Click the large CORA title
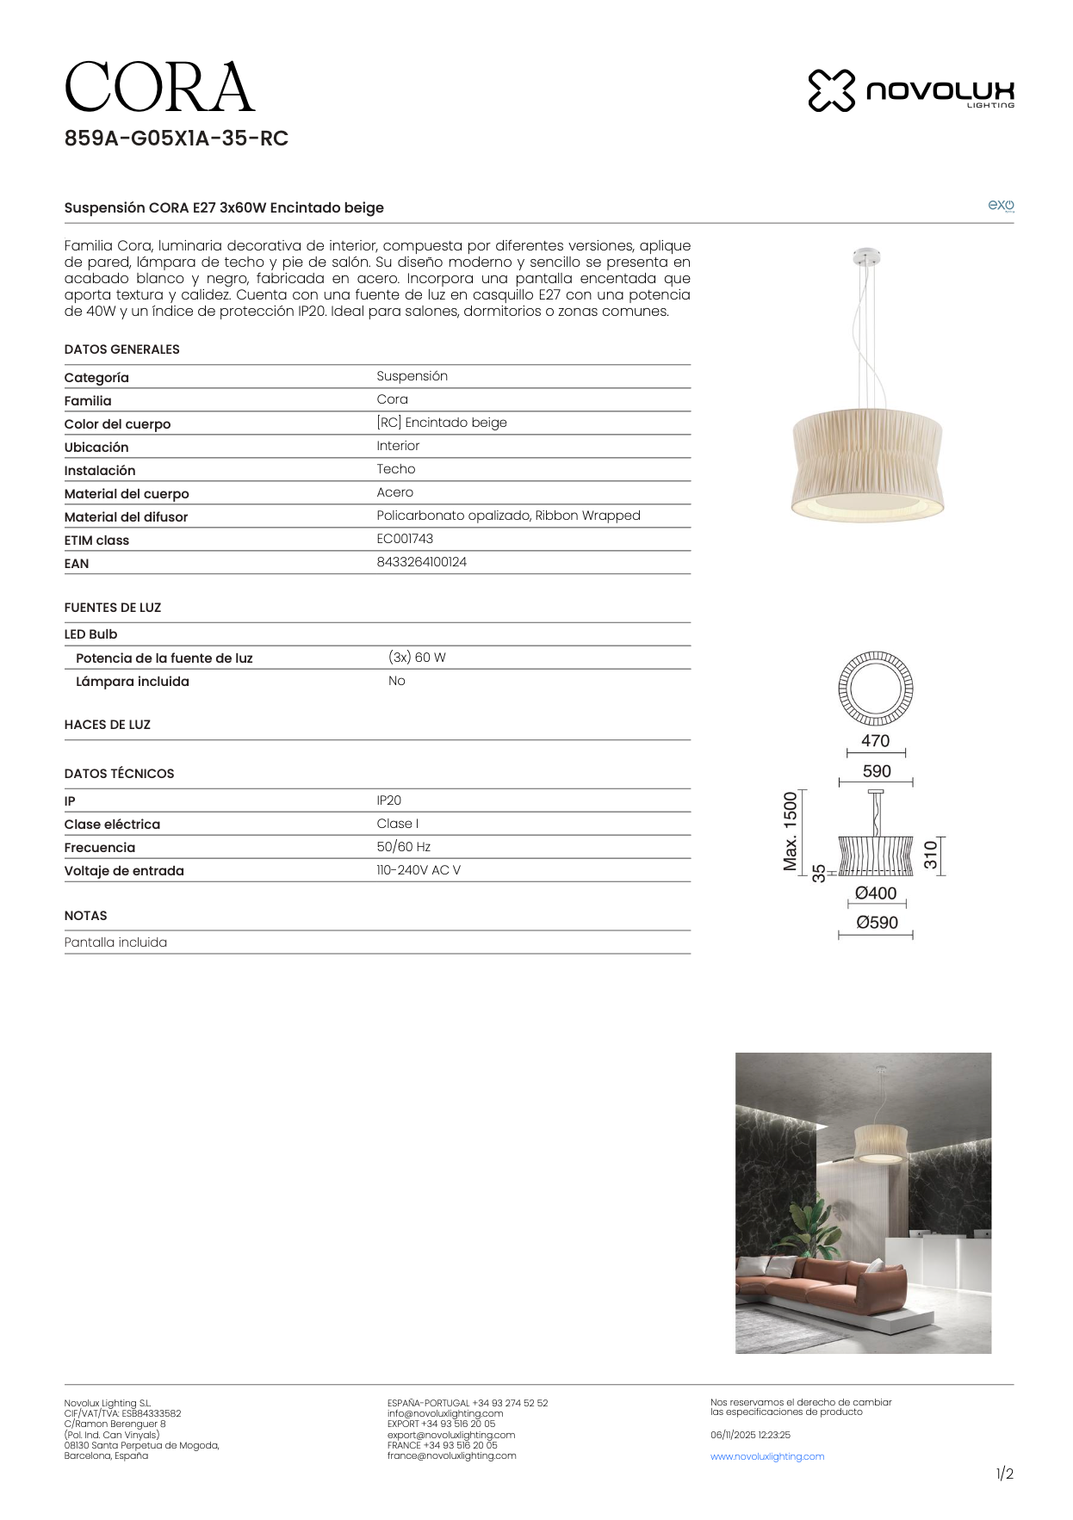(159, 88)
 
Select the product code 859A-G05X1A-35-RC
(176, 139)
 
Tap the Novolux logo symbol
(831, 90)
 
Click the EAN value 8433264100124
(421, 562)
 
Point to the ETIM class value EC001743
(405, 539)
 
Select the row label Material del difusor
(126, 517)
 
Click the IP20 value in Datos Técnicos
(388, 800)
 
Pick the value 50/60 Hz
(403, 847)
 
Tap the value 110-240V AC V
(418, 870)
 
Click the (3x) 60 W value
(417, 658)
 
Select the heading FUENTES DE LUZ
(113, 608)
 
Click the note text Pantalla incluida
(115, 942)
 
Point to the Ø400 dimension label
(876, 893)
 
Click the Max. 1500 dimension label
(790, 831)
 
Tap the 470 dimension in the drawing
(875, 741)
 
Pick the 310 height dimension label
(930, 855)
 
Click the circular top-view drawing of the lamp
(876, 689)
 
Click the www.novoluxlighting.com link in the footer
(766, 1456)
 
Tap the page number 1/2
(1004, 1474)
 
